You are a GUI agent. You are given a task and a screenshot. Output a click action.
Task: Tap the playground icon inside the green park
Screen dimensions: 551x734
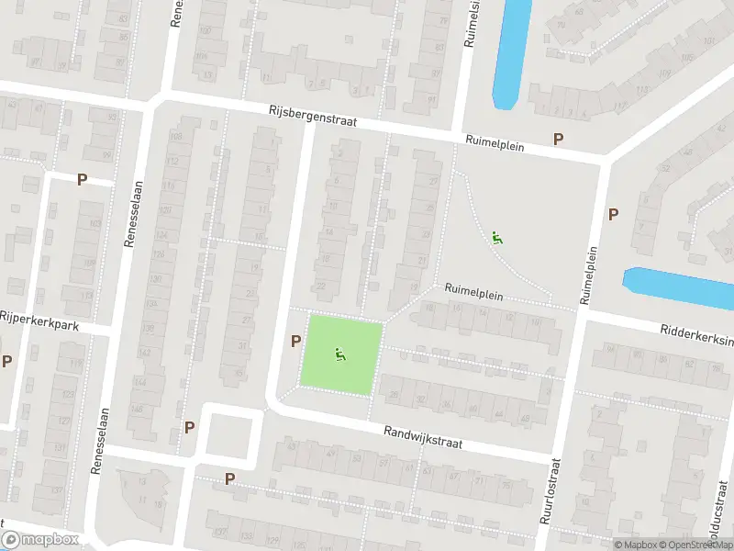(340, 354)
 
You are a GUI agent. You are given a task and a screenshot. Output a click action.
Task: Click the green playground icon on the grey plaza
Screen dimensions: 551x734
(497, 238)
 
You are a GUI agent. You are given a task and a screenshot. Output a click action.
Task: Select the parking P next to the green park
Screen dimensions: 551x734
(295, 342)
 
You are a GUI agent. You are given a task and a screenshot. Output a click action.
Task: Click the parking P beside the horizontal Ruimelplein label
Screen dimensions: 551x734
(557, 139)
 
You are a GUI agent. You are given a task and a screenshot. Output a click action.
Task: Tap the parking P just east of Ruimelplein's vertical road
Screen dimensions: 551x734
(613, 214)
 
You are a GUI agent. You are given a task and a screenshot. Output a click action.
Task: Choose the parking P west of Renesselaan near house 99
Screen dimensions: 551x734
(82, 180)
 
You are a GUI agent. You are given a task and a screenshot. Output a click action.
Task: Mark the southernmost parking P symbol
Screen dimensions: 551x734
(229, 478)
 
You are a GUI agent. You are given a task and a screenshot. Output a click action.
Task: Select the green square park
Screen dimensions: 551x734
(342, 355)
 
